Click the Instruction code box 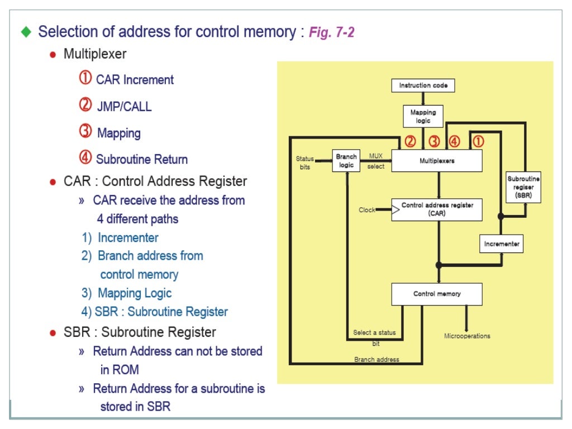click(423, 85)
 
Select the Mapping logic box click(423, 116)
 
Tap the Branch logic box click(346, 161)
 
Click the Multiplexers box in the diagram click(437, 161)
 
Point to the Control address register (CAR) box click(437, 209)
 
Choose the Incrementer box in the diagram click(502, 244)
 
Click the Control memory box click(437, 294)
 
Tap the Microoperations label click(467, 336)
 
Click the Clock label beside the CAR click(367, 210)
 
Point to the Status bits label click(304, 163)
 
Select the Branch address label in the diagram click(376, 360)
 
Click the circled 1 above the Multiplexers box click(478, 141)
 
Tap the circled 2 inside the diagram click(410, 141)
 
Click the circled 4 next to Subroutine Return click(85, 158)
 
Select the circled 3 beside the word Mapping click(85, 132)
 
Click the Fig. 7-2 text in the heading click(332, 32)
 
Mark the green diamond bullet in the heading click(26, 32)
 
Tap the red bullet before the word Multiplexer click(53, 55)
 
